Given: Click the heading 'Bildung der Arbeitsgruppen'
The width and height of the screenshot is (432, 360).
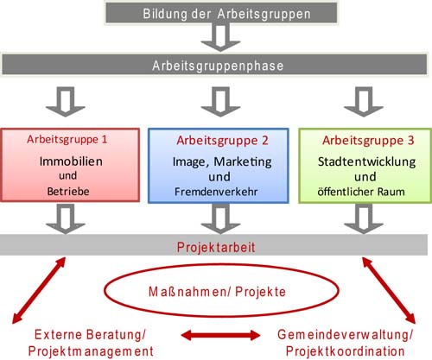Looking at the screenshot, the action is click(x=226, y=14).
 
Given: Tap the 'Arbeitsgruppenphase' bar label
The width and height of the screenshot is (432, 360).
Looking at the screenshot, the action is click(x=218, y=66).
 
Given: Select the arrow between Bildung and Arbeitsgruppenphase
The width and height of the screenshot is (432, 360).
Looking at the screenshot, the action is click(x=220, y=37).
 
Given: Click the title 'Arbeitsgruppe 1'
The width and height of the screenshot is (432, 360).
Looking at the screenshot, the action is click(x=67, y=140).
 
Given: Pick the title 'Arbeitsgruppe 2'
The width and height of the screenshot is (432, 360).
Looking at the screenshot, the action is click(x=222, y=141).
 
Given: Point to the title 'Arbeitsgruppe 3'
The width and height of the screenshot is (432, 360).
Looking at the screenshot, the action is click(x=368, y=141).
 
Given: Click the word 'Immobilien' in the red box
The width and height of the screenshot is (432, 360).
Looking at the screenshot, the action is click(x=71, y=161).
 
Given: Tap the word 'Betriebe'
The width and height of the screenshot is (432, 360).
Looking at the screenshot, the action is click(x=68, y=192).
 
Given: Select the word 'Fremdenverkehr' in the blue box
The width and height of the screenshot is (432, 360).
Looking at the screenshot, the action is click(x=216, y=192).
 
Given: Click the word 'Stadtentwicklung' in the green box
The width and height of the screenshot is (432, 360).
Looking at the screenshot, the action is click(x=366, y=161).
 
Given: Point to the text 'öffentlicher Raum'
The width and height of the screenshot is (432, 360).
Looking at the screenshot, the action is click(x=361, y=192).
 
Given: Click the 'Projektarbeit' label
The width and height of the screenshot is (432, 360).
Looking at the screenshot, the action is click(x=216, y=248).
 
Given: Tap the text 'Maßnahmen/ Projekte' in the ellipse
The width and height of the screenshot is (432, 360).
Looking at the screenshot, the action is click(x=217, y=292).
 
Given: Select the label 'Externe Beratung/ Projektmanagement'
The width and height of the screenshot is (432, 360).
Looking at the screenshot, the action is click(x=91, y=343).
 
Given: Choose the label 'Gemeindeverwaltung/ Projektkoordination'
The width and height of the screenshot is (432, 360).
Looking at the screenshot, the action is click(x=345, y=343).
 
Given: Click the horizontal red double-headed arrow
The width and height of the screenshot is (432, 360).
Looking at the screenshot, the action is click(x=220, y=335).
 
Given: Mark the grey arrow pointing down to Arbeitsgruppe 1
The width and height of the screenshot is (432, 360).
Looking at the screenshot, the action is click(x=66, y=102).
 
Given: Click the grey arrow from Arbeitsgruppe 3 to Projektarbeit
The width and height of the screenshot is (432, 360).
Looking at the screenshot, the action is click(x=364, y=218).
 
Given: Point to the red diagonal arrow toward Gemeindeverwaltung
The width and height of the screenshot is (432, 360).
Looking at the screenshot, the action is click(x=389, y=290).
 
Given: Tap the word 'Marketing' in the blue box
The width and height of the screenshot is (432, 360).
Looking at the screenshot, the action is click(x=243, y=162).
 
